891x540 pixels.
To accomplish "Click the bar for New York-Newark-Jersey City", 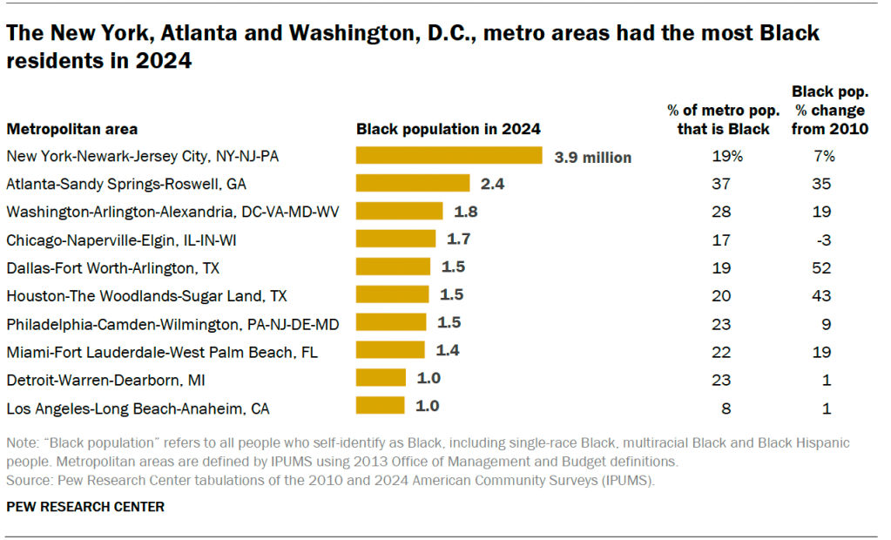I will (449, 156).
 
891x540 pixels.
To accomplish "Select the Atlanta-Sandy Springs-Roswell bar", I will (413, 184).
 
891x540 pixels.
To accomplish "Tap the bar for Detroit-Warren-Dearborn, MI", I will (381, 378).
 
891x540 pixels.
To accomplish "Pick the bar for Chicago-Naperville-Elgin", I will (396, 239).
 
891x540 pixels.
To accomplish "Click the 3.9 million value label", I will (592, 158).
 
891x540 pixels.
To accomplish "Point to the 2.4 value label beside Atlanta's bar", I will (492, 185).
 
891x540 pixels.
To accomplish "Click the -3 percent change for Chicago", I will (823, 239).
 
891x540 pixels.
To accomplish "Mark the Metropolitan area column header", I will (72, 129).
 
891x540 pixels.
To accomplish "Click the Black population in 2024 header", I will (448, 129).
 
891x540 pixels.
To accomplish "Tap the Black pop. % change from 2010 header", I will (828, 110).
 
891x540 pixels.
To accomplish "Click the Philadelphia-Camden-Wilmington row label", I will (172, 323).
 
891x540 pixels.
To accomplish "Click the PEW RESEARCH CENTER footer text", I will (85, 506).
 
